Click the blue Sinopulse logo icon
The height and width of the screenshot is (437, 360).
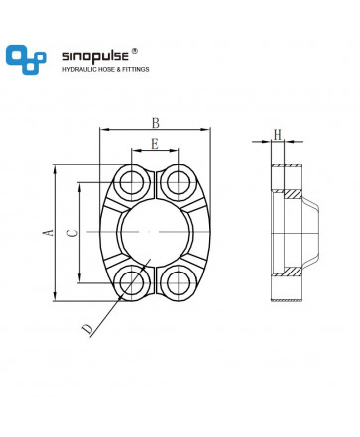(26, 59)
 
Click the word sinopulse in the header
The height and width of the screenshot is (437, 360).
(95, 56)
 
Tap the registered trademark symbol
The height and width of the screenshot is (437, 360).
(135, 51)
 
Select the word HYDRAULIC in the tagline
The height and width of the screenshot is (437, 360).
(77, 69)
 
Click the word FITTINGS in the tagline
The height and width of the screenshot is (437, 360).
(136, 69)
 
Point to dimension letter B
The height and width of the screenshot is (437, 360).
(156, 123)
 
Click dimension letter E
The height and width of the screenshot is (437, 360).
(155, 144)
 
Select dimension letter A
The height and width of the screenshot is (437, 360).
(49, 232)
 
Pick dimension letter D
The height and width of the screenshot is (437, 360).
(87, 329)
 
